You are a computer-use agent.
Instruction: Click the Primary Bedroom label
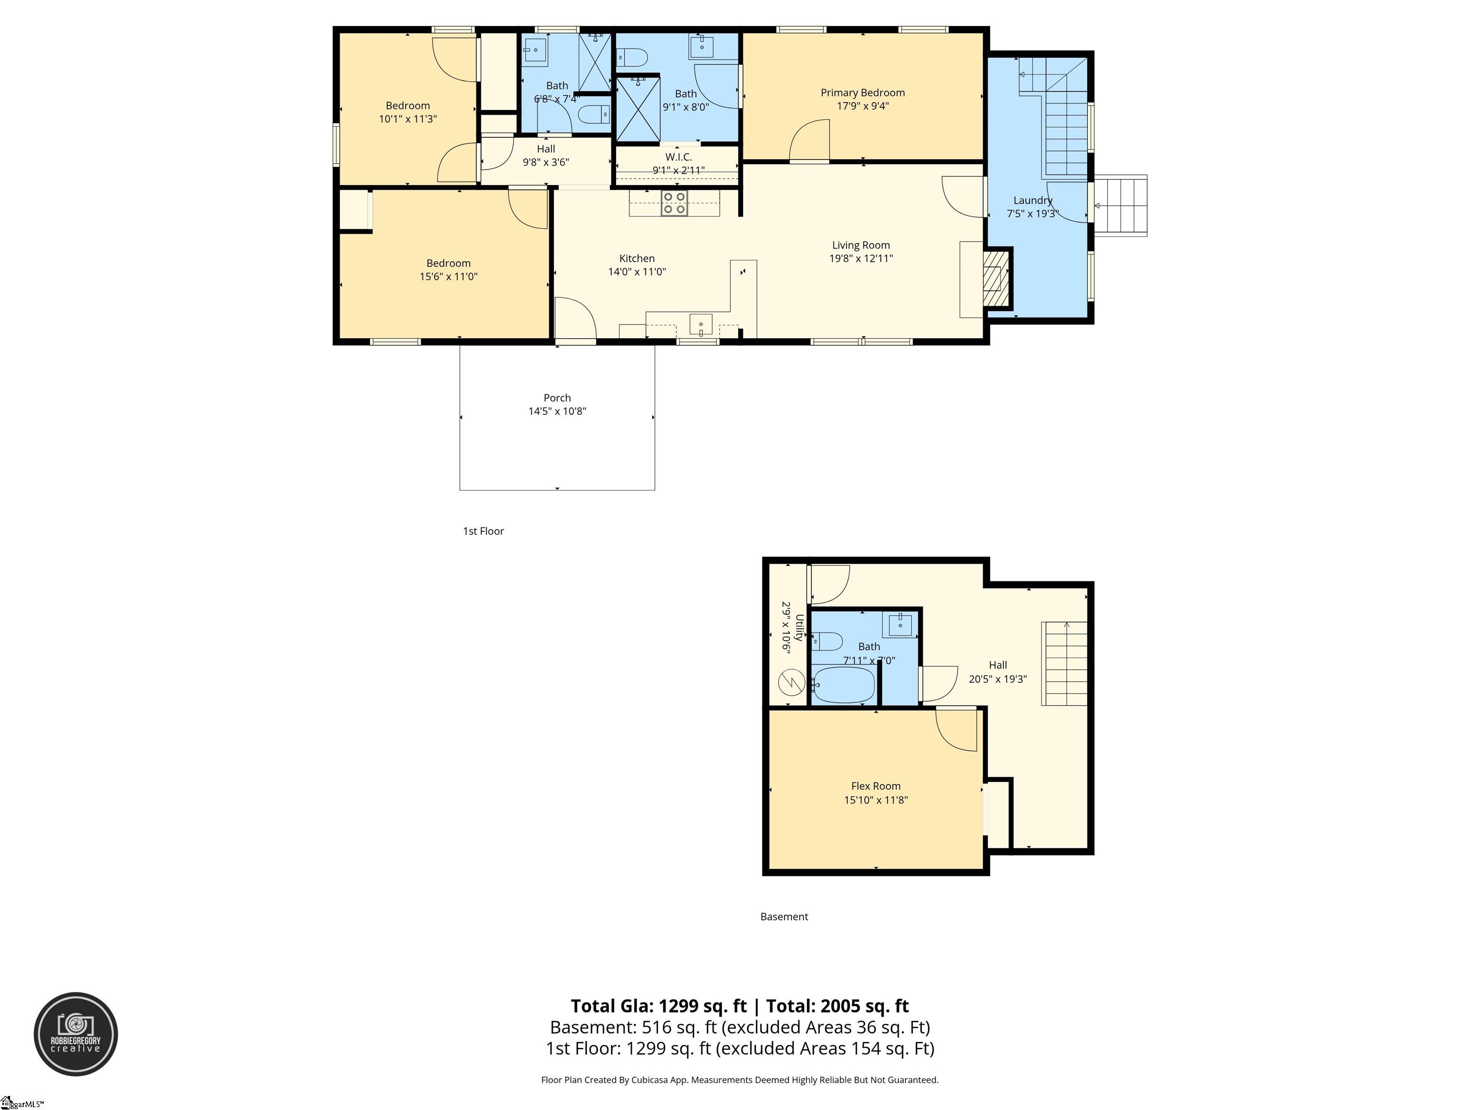862,93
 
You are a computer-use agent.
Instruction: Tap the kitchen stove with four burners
674,203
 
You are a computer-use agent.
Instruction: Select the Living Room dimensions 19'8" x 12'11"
861,259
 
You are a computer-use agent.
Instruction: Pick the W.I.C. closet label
678,157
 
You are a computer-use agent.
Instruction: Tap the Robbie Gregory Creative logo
76,1034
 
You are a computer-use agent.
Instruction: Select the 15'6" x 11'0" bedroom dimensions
448,277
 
